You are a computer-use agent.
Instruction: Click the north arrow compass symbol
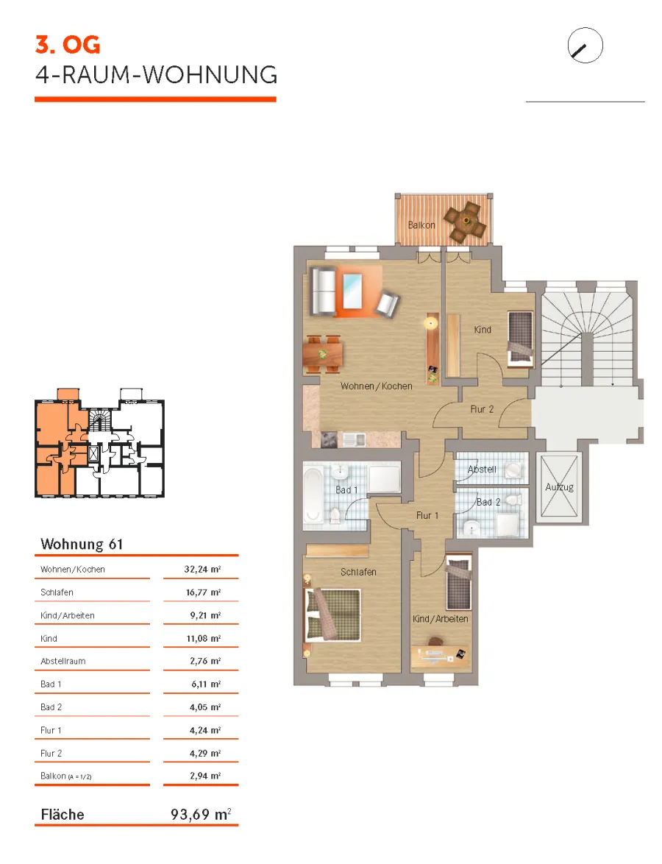click(585, 45)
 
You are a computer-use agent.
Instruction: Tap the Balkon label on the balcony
click(421, 224)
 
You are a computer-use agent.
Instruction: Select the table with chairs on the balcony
click(466, 222)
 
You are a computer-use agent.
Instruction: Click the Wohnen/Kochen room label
click(376, 386)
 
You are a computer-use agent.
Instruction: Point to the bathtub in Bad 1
click(313, 495)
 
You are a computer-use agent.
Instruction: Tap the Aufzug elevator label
click(560, 487)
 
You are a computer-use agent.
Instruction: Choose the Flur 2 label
click(482, 409)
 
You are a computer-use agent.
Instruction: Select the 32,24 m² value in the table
click(202, 569)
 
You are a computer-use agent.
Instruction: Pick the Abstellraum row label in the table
click(63, 661)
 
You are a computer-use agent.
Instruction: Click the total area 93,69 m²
click(201, 814)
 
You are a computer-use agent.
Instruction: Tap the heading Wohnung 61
click(82, 544)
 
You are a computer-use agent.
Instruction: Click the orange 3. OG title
click(68, 45)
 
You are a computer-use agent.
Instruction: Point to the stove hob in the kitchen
click(330, 439)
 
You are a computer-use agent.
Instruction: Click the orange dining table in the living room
click(323, 354)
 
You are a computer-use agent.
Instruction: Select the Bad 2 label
click(488, 502)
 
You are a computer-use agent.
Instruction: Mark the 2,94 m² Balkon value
click(205, 776)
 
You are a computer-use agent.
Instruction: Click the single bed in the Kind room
click(520, 339)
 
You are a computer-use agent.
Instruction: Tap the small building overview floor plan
click(100, 443)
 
